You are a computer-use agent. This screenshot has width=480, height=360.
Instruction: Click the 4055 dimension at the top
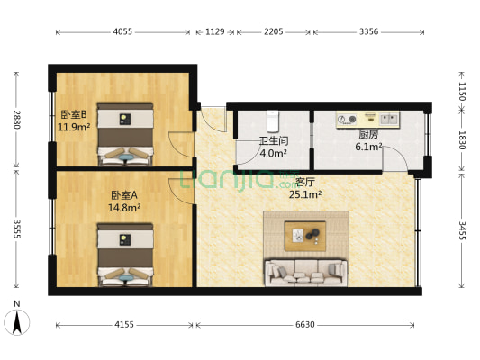coord(123,32)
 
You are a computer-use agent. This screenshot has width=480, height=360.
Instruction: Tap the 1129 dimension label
coord(214,32)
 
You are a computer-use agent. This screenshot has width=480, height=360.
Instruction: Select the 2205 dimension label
coord(274,32)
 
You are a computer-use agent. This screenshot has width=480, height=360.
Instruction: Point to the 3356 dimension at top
coord(368,32)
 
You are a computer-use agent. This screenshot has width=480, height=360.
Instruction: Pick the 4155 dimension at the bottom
coord(124,324)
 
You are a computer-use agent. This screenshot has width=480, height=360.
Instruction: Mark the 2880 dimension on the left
coord(15,121)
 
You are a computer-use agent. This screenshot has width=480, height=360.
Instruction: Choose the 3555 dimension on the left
coord(15,229)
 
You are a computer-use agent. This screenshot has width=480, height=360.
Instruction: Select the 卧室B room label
coord(73,114)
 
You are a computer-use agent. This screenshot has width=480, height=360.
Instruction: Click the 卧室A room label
coord(123,195)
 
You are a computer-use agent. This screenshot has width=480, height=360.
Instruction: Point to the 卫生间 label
coord(273,141)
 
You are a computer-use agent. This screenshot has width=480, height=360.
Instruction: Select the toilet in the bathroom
coord(274,121)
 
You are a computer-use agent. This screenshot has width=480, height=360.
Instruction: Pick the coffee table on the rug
coord(305,236)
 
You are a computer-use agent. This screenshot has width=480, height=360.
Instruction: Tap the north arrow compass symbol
coord(16,321)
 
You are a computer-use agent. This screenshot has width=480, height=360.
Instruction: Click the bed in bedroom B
coord(126,134)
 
